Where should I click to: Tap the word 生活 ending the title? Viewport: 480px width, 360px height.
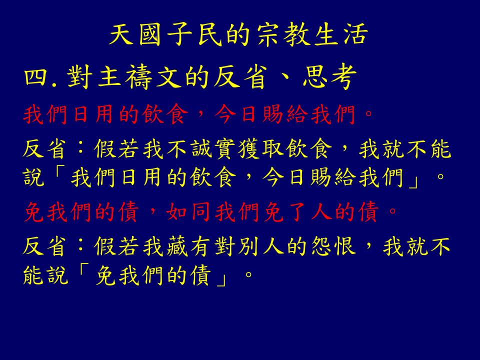coord(341,34)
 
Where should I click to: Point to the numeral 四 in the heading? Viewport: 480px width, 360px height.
coord(35,77)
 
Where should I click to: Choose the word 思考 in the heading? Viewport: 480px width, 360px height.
coord(329,77)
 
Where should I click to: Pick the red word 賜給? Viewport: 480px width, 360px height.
coord(285,114)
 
